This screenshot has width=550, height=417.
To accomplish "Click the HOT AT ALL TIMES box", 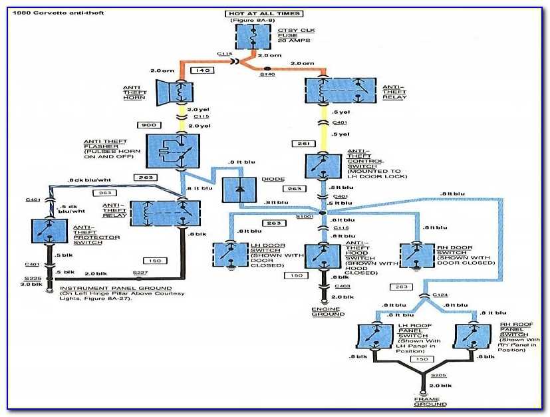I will click(255, 14).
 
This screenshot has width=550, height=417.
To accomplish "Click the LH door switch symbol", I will click(229, 255).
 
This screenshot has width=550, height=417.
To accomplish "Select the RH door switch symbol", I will click(417, 255).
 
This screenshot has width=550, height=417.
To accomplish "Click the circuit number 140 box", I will click(202, 69).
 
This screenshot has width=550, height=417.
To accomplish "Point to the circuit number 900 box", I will click(150, 125).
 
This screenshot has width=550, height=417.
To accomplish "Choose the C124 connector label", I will click(440, 294).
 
